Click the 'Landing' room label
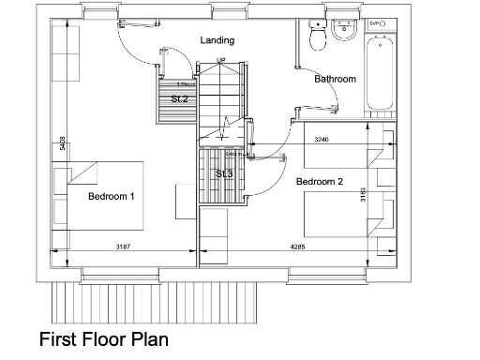(217, 40)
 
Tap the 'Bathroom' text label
(335, 80)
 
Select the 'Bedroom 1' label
(112, 197)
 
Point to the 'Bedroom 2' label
(320, 181)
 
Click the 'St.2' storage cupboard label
(179, 98)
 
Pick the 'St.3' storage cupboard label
(223, 174)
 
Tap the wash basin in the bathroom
(340, 29)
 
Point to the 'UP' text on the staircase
(221, 61)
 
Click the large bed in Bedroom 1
(98, 197)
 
